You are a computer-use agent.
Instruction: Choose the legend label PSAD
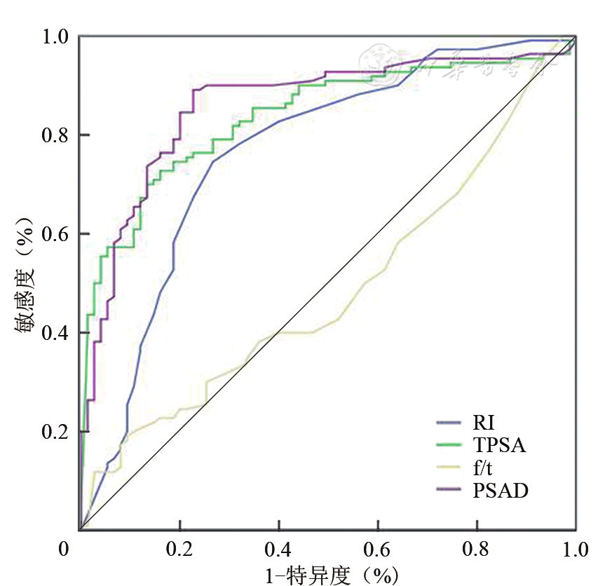click(496, 491)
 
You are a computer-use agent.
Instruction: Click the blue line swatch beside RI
click(448, 423)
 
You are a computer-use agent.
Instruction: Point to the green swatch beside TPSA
click(448, 446)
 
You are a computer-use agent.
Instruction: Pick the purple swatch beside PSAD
click(448, 491)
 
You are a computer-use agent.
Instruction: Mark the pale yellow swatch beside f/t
click(448, 468)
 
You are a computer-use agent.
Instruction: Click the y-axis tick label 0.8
click(57, 135)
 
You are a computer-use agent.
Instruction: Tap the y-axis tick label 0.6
click(57, 233)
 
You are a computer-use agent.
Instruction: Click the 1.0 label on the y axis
click(57, 36)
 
